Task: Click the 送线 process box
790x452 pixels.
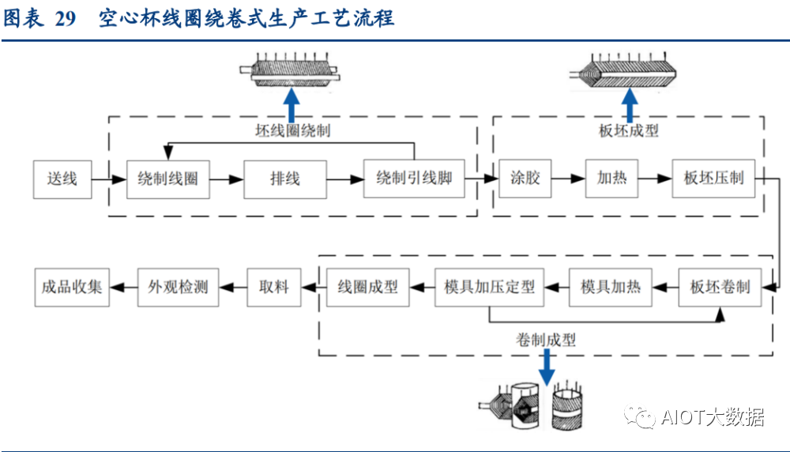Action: pos(62,179)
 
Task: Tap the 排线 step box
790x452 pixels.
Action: pos(284,179)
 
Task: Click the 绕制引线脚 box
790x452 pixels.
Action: pos(414,179)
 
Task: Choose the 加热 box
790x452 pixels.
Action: pos(611,179)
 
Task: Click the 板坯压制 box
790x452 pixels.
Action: pos(713,179)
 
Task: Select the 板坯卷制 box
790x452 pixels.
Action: pos(720,287)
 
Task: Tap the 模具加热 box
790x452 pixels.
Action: pos(611,287)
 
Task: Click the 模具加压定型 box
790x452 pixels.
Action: pos(490,287)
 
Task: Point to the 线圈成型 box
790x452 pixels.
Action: pos(368,287)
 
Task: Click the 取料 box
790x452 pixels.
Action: pos(274,287)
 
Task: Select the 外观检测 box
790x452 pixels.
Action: pos(178,287)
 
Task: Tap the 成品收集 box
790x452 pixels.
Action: pos(72,287)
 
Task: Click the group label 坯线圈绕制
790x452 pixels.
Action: pos(293,130)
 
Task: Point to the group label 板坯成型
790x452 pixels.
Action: pos(628,131)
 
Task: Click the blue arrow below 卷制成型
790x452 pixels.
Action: pos(546,367)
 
